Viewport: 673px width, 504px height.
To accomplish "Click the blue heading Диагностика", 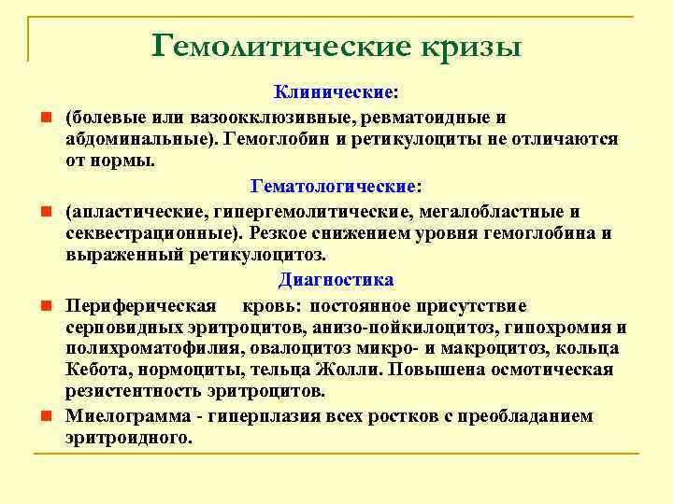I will [x=336, y=280].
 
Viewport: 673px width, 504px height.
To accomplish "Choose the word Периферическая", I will [x=141, y=306].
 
